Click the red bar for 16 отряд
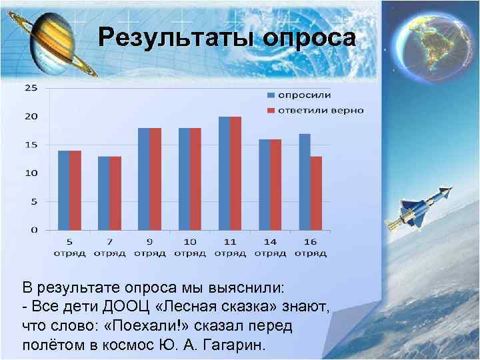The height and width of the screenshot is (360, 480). click(x=316, y=193)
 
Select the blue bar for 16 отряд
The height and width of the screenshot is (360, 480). click(x=305, y=181)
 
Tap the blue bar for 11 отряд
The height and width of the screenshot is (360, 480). click(x=224, y=173)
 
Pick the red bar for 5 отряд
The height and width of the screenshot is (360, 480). click(x=75, y=190)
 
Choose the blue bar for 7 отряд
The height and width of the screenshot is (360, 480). click(x=103, y=193)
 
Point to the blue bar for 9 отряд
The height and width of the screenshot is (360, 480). click(x=143, y=179)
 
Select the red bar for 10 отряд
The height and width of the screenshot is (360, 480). click(x=195, y=179)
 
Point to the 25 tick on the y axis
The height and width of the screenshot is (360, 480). click(x=31, y=88)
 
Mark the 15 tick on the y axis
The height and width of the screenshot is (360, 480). click(x=31, y=145)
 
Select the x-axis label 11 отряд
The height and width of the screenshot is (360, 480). click(x=230, y=247)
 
